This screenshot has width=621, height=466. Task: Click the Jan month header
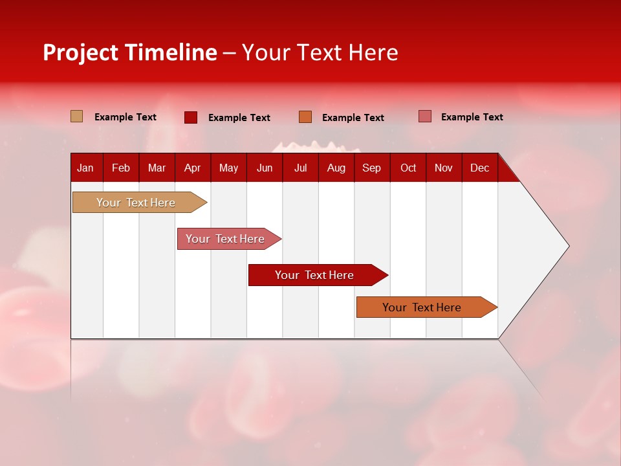[85, 168]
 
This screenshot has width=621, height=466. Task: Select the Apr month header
[192, 168]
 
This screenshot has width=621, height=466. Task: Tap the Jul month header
[300, 168]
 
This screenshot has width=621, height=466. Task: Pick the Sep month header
[371, 168]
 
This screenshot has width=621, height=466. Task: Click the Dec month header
[479, 168]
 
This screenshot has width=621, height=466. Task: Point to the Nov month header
[443, 168]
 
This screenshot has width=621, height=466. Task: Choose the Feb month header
[121, 168]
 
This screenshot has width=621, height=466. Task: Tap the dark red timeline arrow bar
[315, 275]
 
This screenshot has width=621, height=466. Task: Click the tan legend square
[77, 116]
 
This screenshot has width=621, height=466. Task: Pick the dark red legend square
[191, 117]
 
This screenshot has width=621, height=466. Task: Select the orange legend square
[305, 117]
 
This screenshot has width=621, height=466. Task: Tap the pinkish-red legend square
[425, 116]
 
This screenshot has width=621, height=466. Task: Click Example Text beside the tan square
[125, 117]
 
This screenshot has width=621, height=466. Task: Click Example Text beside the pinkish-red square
[472, 117]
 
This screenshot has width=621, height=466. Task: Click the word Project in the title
[80, 52]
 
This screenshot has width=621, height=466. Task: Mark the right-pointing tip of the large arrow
[568, 246]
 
